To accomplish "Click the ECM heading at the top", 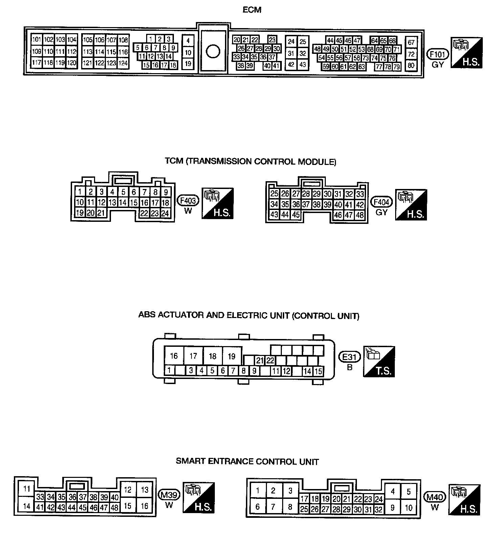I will pos(252,10).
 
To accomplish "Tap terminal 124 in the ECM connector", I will pos(123,63).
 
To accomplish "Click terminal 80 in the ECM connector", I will pos(411,65).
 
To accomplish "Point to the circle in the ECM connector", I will pos(213,51).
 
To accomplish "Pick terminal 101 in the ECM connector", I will pos(37,40).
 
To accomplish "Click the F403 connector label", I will pos(188,200).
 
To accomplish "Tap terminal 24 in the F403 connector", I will pos(165,213).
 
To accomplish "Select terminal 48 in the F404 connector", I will pos(360,215).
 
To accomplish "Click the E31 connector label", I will pos(350,357).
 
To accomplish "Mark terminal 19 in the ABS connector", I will pos(232,356).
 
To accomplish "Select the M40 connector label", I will pos(435,497).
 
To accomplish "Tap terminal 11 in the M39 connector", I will pos(27,489).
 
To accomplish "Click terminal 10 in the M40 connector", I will pos(409,508).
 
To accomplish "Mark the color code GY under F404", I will pos(381,212).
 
